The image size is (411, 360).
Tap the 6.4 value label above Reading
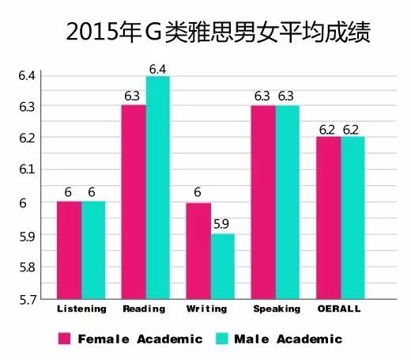[x=158, y=68]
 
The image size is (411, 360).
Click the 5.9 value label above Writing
[x=223, y=225]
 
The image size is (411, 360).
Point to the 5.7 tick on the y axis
[x=28, y=299]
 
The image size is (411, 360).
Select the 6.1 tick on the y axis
[x=28, y=169]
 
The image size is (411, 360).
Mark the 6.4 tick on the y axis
[x=28, y=75]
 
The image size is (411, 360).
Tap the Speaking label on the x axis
[x=277, y=309]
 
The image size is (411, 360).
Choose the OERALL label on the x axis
[x=341, y=309]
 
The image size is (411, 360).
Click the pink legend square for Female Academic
[x=66, y=339]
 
